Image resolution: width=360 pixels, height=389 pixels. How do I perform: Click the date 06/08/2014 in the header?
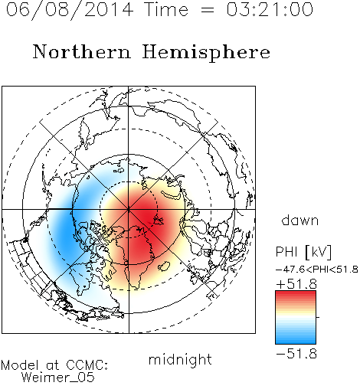[70, 10]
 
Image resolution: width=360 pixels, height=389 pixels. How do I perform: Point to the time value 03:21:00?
[270, 10]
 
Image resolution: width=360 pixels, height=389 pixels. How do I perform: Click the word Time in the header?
[166, 10]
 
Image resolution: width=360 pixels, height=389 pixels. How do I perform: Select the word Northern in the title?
[82, 52]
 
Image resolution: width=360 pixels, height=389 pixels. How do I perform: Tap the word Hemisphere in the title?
[206, 53]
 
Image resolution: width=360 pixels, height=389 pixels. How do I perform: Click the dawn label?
[300, 220]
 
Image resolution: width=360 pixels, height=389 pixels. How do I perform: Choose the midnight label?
[180, 359]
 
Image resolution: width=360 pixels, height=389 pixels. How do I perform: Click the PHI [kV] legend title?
[303, 252]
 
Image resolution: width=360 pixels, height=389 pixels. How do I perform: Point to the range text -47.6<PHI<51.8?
[317, 270]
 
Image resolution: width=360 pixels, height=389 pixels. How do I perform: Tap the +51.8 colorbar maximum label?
[296, 284]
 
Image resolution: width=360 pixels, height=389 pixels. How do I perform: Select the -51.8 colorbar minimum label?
[296, 354]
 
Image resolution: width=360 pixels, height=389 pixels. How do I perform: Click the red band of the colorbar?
[296, 297]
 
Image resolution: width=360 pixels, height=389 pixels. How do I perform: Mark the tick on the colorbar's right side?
[318, 317]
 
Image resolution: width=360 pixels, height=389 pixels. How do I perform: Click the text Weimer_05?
[57, 378]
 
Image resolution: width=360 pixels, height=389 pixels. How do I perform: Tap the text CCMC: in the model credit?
[87, 365]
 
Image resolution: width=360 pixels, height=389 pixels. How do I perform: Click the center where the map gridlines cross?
[129, 209]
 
